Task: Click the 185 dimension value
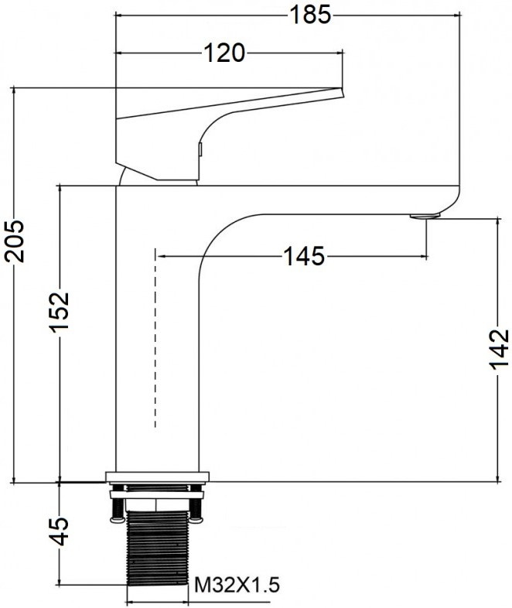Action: point(310,15)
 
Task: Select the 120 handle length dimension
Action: point(224,53)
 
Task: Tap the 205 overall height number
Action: point(15,241)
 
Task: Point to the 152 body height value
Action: point(60,310)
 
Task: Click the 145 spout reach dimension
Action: point(304,256)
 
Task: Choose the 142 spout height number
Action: point(499,349)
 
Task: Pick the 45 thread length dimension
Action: point(60,531)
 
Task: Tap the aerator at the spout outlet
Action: point(425,216)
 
